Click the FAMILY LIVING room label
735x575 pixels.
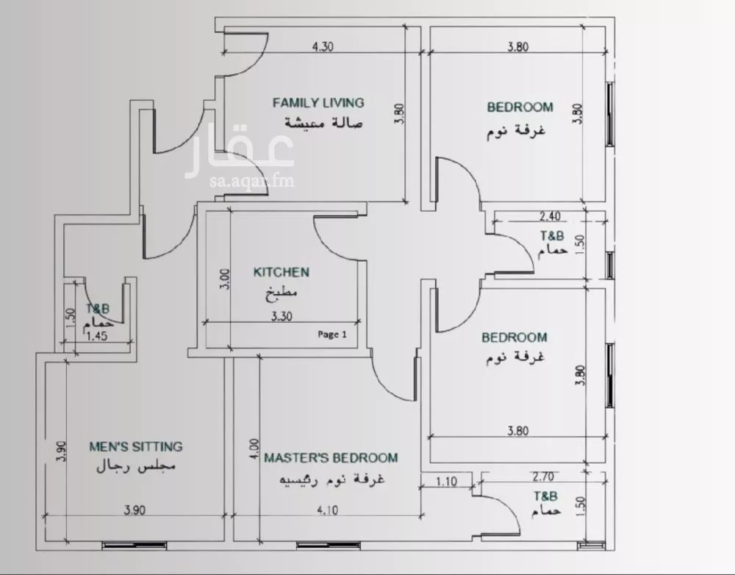coord(318,102)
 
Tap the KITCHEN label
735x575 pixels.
coord(282,272)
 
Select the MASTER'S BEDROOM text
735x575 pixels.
coord(331,458)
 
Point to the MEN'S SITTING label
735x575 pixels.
coord(136,446)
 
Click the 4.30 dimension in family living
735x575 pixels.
coord(323,46)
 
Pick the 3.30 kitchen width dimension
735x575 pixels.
coord(282,316)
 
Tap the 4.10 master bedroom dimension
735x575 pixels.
coord(327,510)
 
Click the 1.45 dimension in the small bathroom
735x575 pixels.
coord(97,336)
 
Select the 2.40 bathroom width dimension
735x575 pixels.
coord(550,216)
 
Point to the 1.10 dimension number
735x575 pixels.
coord(446,482)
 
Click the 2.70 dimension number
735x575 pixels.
coord(543,476)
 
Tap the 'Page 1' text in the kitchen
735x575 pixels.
coord(332,335)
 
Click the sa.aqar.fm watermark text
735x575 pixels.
coord(252,180)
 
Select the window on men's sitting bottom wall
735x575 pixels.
coord(135,546)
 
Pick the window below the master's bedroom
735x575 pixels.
coord(328,546)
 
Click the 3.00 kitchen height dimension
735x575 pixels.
coord(225,279)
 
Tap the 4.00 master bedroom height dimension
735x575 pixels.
coord(254,449)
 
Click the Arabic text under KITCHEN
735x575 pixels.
coord(282,293)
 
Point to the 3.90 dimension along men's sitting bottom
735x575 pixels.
coord(135,510)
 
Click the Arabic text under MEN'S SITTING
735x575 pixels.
coord(136,467)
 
